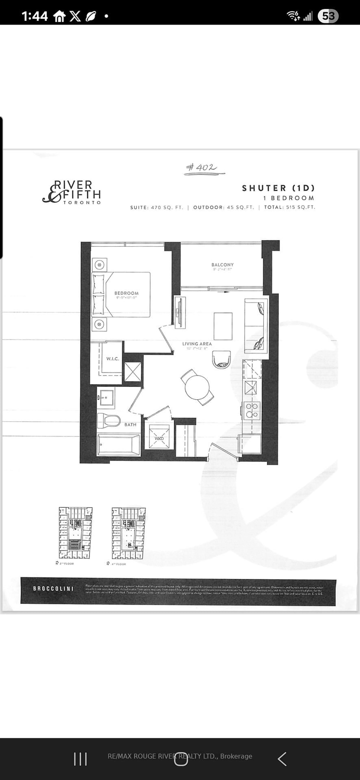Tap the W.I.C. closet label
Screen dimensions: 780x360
112,359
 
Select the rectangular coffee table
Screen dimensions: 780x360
223,326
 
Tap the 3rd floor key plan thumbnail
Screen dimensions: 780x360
75,533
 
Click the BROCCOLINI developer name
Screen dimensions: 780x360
53,589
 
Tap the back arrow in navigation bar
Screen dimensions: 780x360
282,759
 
